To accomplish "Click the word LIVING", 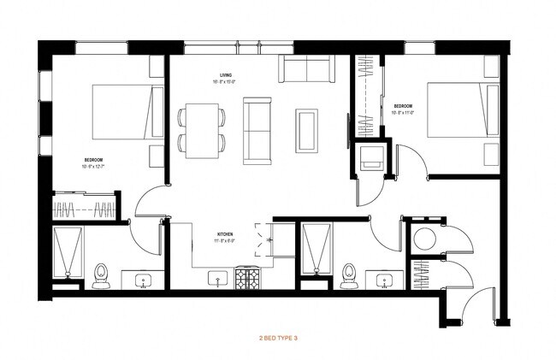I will [x=225, y=75].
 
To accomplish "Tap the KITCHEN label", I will [x=225, y=233].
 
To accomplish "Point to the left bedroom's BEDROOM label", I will [x=94, y=159].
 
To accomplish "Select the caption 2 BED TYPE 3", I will [x=278, y=338].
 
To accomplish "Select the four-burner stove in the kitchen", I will [x=248, y=278].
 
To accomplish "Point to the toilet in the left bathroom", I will [x=101, y=274].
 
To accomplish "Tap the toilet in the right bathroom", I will [x=347, y=274].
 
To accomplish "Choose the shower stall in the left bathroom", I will [x=67, y=254].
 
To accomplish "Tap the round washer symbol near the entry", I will [x=422, y=238].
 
